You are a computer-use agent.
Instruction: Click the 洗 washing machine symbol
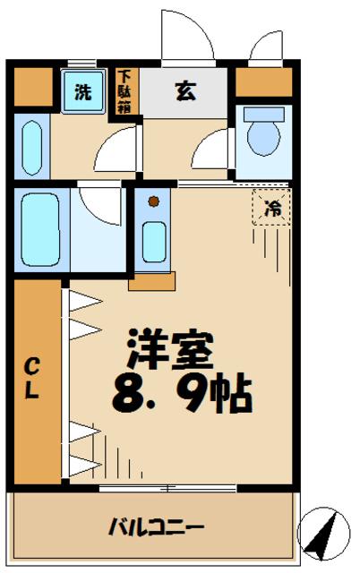tap(81, 91)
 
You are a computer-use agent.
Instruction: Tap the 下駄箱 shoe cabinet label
tap(124, 90)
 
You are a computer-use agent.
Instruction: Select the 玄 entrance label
tap(185, 90)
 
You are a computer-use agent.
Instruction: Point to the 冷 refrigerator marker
tap(271, 208)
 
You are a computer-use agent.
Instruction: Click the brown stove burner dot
tap(153, 201)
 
